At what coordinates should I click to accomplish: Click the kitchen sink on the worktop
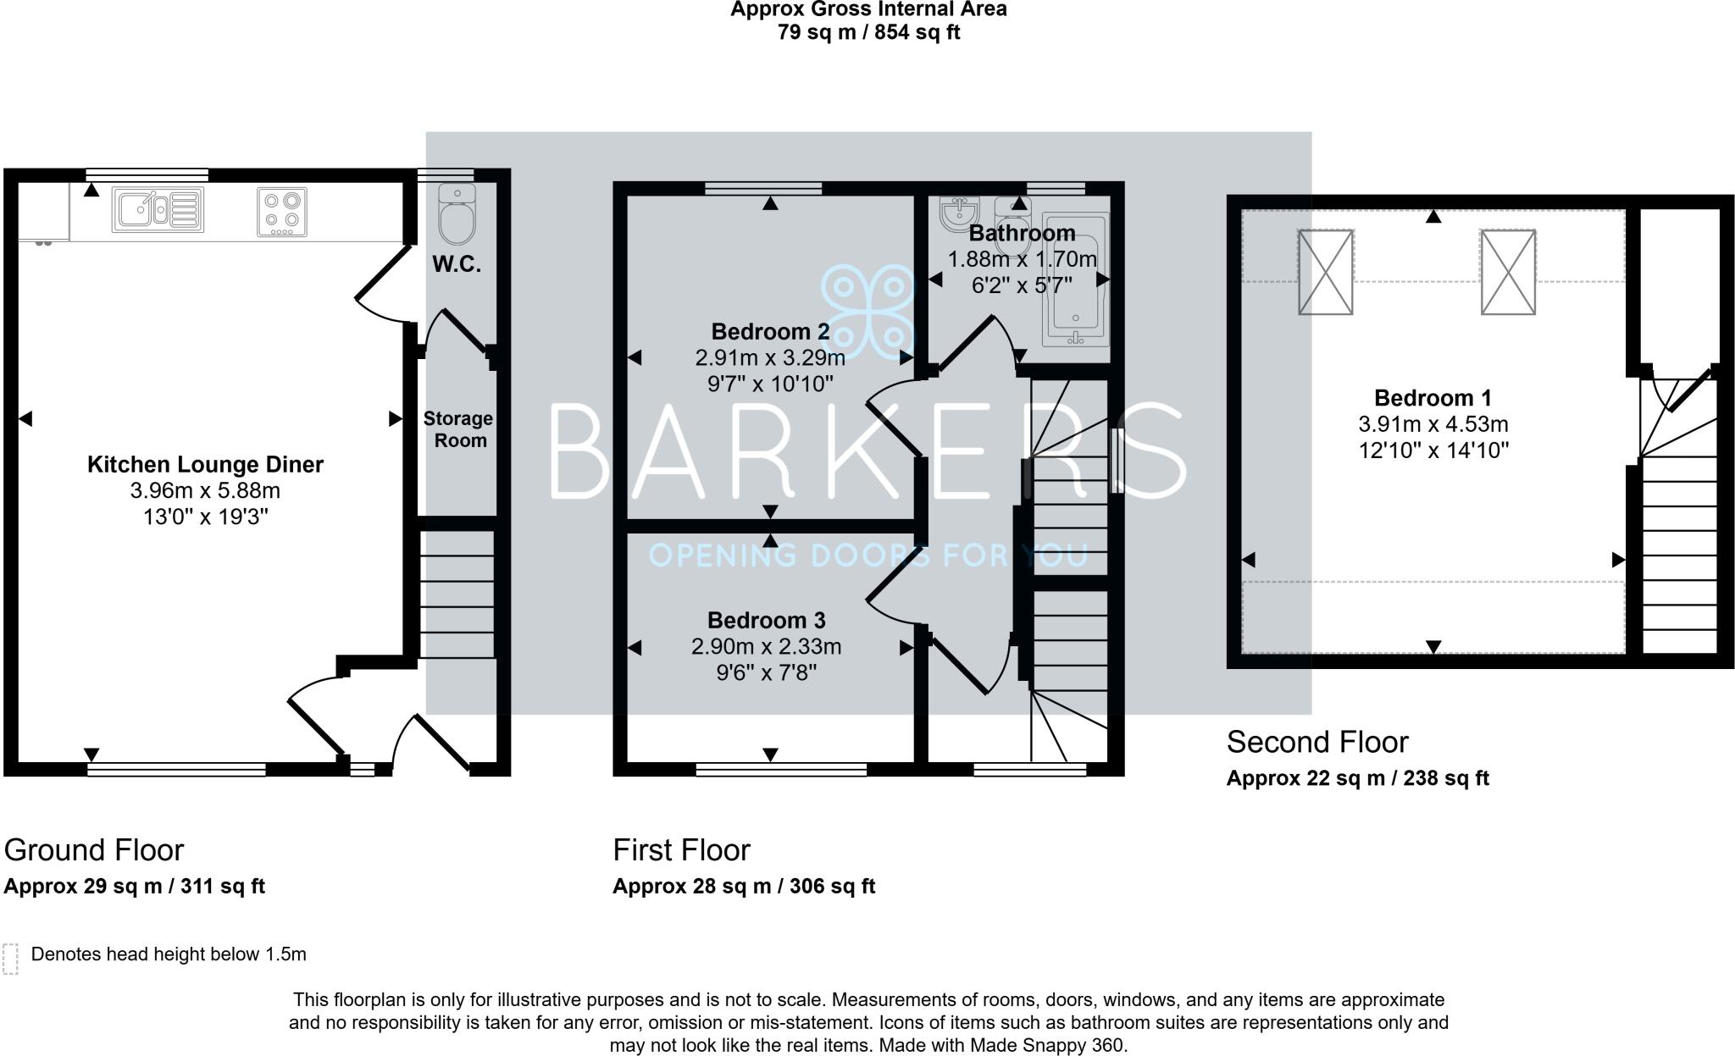158,209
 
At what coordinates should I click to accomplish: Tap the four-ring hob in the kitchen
282,212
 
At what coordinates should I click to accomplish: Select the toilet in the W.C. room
457,214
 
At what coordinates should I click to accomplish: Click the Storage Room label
458,429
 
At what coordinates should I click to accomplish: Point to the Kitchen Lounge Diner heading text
205,464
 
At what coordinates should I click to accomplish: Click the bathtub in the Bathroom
1075,279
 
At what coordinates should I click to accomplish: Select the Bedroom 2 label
770,331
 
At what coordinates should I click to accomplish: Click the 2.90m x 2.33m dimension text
766,647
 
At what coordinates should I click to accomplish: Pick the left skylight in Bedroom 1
1325,272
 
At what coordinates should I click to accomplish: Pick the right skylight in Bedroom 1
1508,272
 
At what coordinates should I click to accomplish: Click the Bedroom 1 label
1433,397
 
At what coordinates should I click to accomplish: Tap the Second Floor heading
1316,742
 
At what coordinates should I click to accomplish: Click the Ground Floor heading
94,849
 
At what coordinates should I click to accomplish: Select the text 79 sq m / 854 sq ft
868,33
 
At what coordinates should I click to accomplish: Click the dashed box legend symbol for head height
10,959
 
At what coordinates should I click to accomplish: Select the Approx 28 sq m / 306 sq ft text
743,886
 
